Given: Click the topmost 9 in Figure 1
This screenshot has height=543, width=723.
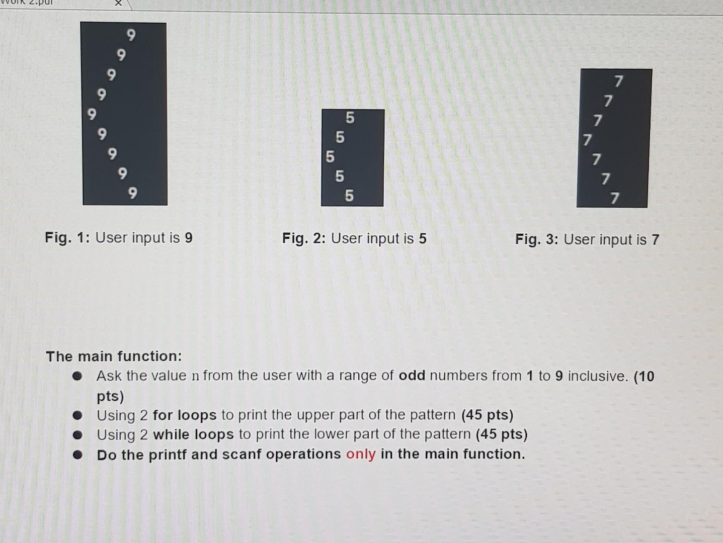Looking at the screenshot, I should (131, 35).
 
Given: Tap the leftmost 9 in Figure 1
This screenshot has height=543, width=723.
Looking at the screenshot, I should (92, 114).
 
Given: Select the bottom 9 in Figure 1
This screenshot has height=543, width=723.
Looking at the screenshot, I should (132, 193).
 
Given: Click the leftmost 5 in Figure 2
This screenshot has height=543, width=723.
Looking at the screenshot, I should (330, 157).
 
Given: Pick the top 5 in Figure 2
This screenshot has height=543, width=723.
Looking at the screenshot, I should (350, 118).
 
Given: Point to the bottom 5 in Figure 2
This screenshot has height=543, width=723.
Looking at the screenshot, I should (349, 196).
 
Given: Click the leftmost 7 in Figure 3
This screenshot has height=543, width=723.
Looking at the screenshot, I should (587, 140).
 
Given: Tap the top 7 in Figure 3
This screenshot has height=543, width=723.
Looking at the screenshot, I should (618, 81).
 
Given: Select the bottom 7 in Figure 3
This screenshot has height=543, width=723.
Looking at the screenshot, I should (615, 199).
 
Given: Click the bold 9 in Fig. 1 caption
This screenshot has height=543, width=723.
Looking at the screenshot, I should (189, 237).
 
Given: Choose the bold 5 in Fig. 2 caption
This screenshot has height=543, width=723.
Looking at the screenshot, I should (423, 238).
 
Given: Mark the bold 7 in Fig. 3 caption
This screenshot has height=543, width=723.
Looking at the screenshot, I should (655, 240).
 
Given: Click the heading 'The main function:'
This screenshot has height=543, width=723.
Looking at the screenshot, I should (114, 356).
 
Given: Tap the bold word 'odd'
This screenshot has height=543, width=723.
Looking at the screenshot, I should (412, 376).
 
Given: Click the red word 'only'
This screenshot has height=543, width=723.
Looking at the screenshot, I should (361, 454).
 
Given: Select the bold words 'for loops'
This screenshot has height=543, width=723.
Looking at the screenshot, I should (185, 415).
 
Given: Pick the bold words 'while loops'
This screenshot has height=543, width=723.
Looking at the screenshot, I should (193, 434).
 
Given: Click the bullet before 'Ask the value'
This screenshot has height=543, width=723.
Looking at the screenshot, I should (77, 376).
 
